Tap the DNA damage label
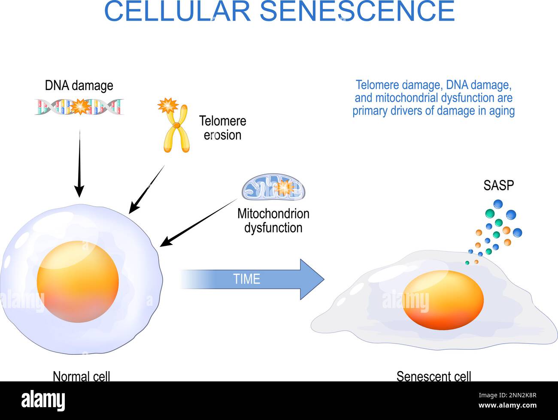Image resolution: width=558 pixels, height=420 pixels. click(x=79, y=85)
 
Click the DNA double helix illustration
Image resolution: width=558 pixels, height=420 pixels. click(x=79, y=107)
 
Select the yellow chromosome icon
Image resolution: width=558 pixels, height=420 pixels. click(x=176, y=129)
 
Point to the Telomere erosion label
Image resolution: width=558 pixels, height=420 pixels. click(x=222, y=128)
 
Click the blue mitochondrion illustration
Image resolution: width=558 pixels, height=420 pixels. click(x=273, y=187)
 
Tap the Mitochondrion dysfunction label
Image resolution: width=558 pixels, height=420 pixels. click(x=273, y=221)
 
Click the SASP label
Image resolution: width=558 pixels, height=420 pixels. click(x=498, y=185)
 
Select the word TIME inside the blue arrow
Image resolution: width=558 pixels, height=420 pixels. click(x=247, y=279)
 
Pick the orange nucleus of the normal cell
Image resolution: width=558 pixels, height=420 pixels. click(x=78, y=281)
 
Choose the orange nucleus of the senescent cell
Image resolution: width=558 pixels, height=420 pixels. click(x=443, y=300)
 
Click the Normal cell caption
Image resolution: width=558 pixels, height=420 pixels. click(x=82, y=376)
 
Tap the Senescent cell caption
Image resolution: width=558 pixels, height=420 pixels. click(x=434, y=376)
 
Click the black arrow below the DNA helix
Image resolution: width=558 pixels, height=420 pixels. click(x=79, y=163)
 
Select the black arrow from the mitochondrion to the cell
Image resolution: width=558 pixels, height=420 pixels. click(x=200, y=223)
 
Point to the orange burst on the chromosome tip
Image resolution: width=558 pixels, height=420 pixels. click(x=167, y=105)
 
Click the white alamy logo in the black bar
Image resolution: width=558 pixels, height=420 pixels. click(x=43, y=401)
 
